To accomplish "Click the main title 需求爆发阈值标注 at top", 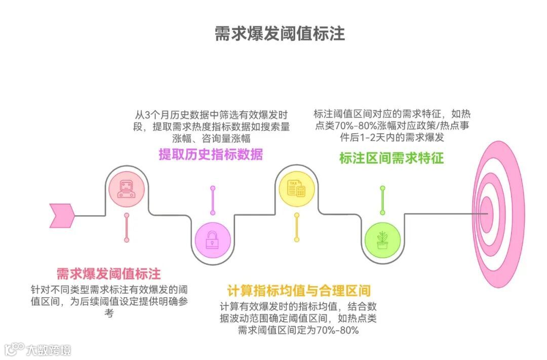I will point(280,33).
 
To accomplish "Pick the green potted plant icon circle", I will point(382,240).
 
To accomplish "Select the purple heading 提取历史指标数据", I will point(211,154).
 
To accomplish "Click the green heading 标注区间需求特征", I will point(392,158).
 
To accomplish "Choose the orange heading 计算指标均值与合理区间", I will point(299,291).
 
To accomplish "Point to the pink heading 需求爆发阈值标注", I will point(108,274).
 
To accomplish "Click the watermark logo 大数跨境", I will point(38,349).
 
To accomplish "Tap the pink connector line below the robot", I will point(127,227).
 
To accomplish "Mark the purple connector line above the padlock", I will point(212,201).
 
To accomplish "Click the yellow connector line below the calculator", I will point(297,227).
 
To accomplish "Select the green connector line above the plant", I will point(382,201).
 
